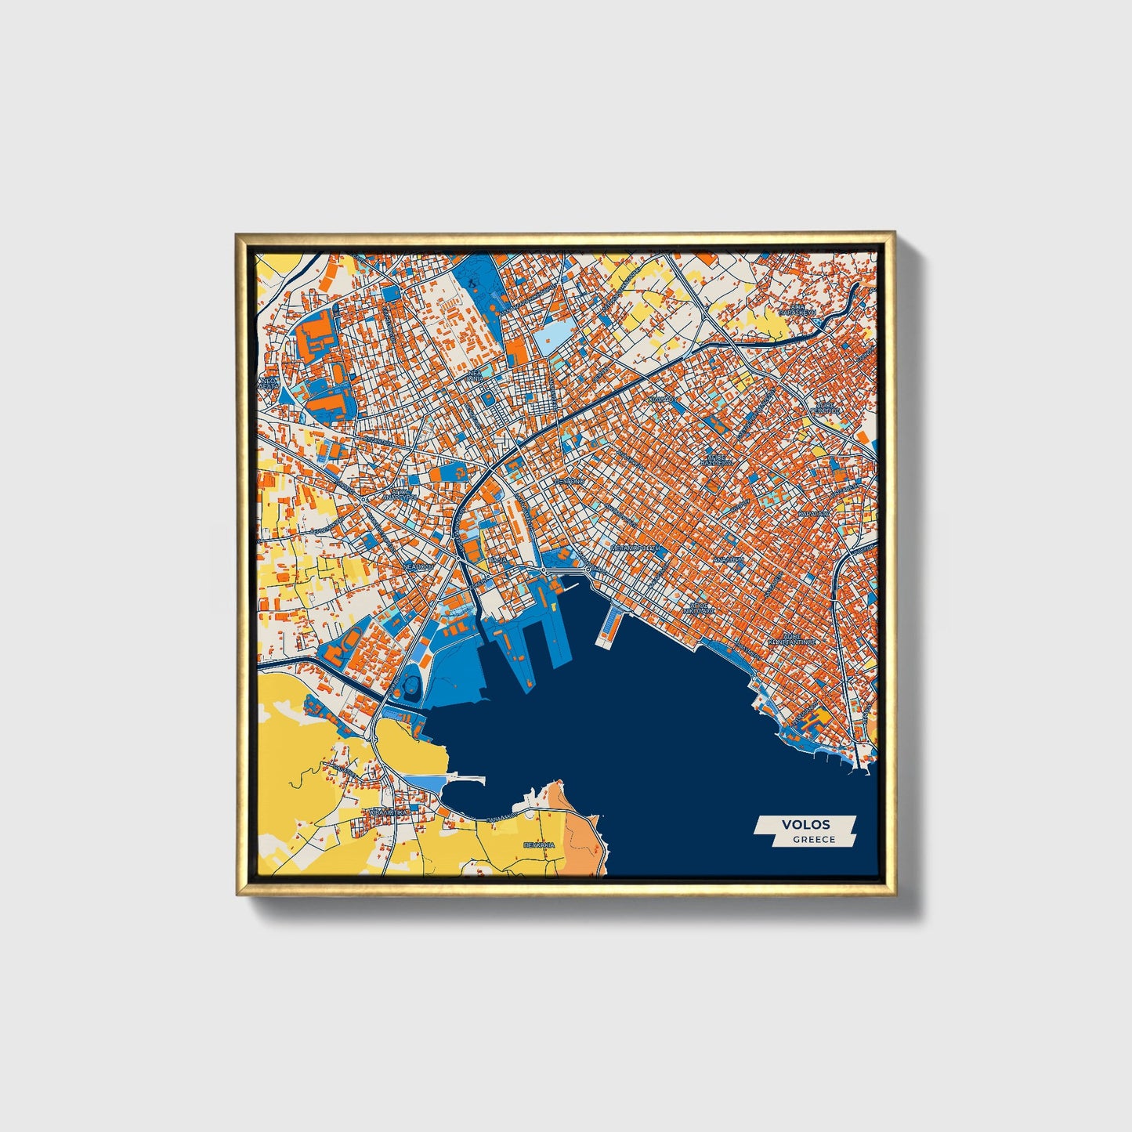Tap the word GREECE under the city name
(x=813, y=840)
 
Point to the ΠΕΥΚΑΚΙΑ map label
(x=539, y=845)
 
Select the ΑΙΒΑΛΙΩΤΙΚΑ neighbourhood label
(x=389, y=812)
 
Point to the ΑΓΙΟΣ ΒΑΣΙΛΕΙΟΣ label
(x=718, y=459)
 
